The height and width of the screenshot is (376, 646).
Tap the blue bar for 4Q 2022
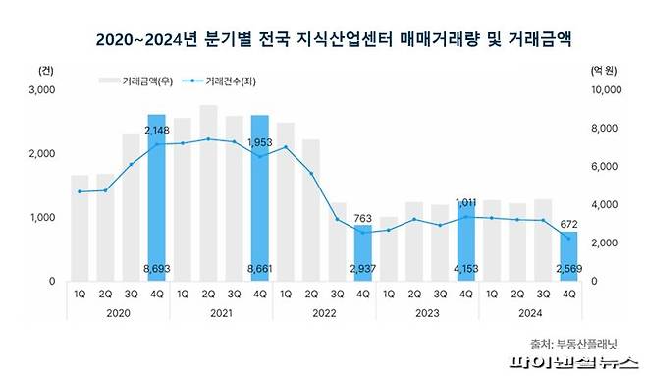click(362, 253)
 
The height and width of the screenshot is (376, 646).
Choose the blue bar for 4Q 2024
click(568, 256)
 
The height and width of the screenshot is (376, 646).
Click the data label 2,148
click(157, 131)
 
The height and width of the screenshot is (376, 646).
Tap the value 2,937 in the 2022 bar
click(362, 266)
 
